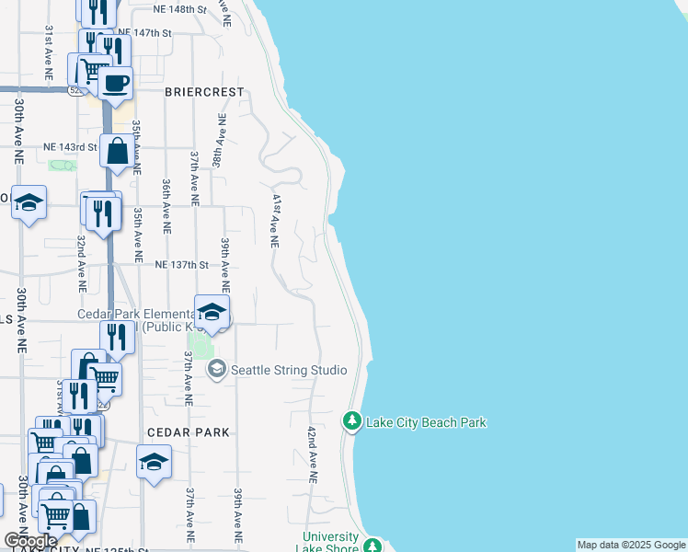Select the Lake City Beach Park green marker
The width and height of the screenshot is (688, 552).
(351, 421)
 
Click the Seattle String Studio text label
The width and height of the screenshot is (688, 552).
(288, 370)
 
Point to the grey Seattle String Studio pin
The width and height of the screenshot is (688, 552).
(217, 370)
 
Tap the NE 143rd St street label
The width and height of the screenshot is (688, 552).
(70, 146)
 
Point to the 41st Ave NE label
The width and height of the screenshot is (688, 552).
(274, 220)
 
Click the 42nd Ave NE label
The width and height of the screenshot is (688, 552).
(312, 454)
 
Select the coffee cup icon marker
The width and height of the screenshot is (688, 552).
(115, 84)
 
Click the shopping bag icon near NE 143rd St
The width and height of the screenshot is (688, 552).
(118, 151)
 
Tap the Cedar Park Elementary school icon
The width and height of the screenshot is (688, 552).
(212, 313)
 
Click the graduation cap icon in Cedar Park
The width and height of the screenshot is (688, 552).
(154, 462)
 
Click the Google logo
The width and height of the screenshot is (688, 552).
(29, 541)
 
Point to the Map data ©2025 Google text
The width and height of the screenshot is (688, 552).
(631, 545)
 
